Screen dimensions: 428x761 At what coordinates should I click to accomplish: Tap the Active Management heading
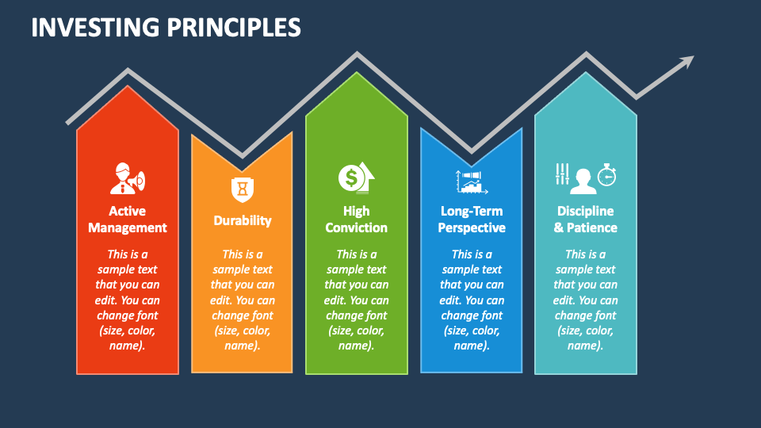(x=128, y=220)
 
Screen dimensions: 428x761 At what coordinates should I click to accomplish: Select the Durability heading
(x=243, y=220)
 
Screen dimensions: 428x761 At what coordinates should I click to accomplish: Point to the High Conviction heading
(x=357, y=220)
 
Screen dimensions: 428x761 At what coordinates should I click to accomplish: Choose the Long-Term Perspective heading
(x=472, y=220)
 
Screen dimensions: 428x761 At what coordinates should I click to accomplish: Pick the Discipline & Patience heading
(x=586, y=220)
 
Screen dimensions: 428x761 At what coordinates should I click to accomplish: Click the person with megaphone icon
(x=127, y=178)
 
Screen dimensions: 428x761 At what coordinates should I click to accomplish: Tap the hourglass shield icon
(x=242, y=189)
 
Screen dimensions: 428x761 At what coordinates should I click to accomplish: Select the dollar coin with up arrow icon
(x=356, y=178)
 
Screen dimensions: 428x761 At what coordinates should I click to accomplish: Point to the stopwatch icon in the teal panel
(x=606, y=175)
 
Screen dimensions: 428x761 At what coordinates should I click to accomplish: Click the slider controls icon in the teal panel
(x=562, y=174)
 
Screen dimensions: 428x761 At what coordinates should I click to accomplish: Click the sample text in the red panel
(x=128, y=300)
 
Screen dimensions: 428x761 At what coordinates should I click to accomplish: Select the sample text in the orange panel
(x=243, y=300)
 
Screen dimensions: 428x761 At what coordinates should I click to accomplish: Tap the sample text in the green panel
(x=357, y=300)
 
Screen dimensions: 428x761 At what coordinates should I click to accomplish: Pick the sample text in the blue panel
(x=472, y=300)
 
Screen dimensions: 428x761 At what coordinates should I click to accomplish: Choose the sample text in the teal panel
(x=586, y=300)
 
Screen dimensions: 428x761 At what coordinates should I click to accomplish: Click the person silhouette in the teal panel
(x=584, y=181)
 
